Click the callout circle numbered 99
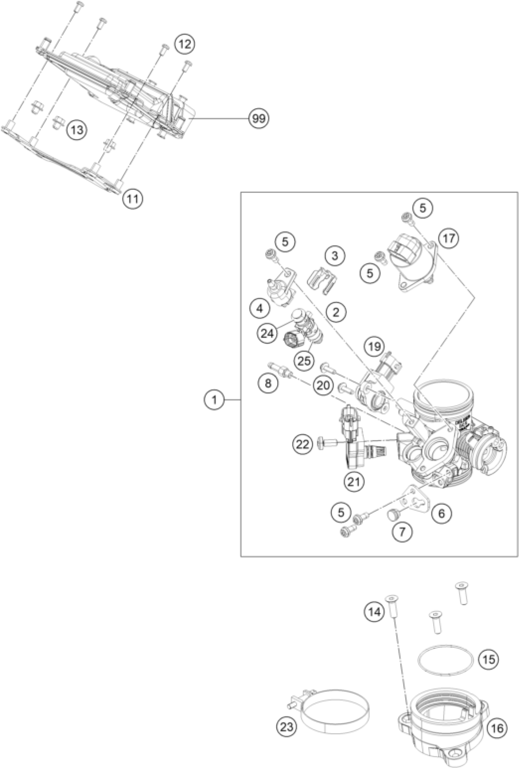259,118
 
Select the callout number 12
185,44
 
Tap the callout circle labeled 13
77,130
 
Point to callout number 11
132,199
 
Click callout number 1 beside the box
214,401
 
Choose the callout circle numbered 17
448,238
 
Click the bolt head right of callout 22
326,442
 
